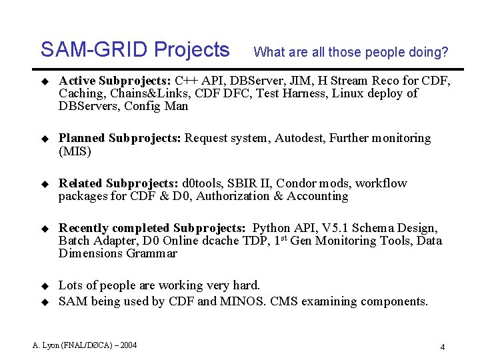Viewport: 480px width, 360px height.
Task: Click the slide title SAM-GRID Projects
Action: tap(135, 50)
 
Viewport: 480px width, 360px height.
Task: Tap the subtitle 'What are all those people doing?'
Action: tap(351, 52)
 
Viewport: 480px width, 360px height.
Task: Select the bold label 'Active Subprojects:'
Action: tap(115, 81)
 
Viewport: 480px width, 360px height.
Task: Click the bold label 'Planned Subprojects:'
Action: tap(120, 139)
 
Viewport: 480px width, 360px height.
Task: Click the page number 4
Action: tap(442, 347)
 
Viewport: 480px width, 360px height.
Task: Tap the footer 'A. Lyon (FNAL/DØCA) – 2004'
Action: tap(85, 345)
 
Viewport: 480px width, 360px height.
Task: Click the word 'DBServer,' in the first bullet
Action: tap(245, 81)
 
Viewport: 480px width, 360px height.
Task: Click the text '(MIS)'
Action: tap(74, 151)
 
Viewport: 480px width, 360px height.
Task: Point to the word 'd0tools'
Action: tap(203, 183)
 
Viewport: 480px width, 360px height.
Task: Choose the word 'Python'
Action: tap(272, 229)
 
